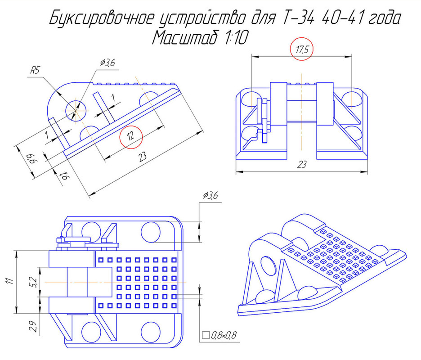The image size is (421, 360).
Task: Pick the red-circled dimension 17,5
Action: (x=302, y=50)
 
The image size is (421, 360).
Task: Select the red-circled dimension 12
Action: (x=130, y=136)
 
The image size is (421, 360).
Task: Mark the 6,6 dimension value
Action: (x=31, y=158)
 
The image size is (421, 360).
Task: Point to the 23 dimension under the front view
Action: (x=302, y=165)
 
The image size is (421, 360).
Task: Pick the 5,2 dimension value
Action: (x=32, y=282)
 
